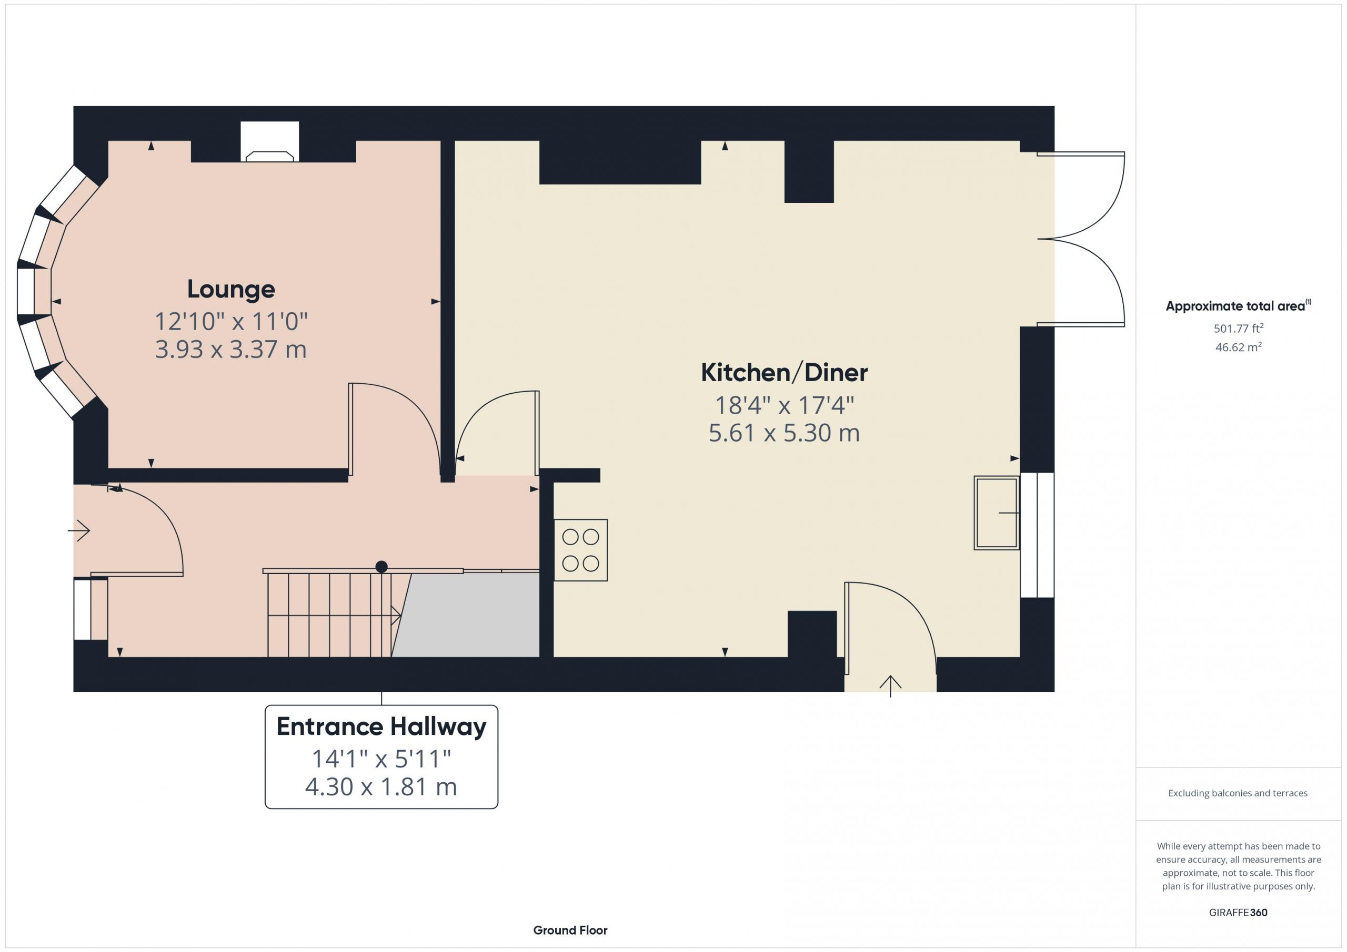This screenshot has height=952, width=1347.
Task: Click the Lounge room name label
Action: point(230,290)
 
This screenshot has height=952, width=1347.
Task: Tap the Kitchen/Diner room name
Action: point(784,373)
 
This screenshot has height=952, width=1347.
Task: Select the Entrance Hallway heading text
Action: point(381,728)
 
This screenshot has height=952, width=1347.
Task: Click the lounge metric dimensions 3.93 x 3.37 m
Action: point(230,350)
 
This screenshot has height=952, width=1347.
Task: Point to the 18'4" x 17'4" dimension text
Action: point(784,405)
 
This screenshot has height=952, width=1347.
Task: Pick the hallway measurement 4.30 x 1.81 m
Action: point(381,787)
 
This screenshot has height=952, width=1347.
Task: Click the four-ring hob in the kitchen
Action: point(581,550)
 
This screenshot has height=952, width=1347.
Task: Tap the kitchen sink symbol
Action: point(997,513)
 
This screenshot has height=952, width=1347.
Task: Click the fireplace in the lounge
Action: point(269,142)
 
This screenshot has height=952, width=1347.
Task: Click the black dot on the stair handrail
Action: point(381,567)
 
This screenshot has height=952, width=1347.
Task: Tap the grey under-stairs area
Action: point(466,615)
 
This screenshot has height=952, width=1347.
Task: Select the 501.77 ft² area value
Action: point(1239,328)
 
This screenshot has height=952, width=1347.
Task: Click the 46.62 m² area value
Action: point(1239,347)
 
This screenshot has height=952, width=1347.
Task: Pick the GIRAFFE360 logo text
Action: point(1238,913)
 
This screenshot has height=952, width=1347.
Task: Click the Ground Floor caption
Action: point(570,930)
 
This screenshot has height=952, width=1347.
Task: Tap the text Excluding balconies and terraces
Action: point(1238,793)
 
